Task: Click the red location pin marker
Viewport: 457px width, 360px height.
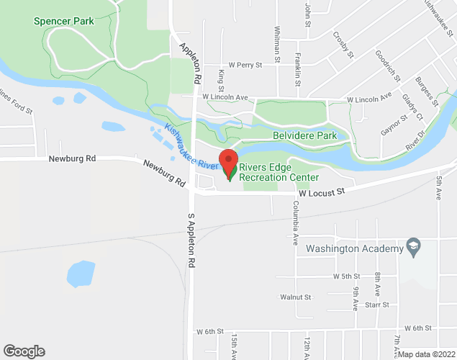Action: pyautogui.click(x=229, y=163)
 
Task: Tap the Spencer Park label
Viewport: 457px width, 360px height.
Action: pyautogui.click(x=63, y=22)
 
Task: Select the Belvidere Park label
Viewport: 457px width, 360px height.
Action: pyautogui.click(x=304, y=135)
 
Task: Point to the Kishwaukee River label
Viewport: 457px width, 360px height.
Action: pyautogui.click(x=191, y=148)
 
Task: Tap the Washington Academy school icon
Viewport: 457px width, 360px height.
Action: pyautogui.click(x=413, y=248)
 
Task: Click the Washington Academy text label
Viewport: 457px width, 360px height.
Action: pyautogui.click(x=354, y=249)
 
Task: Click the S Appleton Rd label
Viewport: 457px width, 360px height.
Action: pyautogui.click(x=191, y=242)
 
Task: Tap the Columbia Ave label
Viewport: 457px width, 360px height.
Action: pyautogui.click(x=295, y=224)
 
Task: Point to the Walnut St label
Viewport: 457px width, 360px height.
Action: pyautogui.click(x=295, y=297)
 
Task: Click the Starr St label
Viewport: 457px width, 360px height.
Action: pyautogui.click(x=376, y=305)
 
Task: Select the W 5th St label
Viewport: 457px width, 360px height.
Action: pyautogui.click(x=346, y=276)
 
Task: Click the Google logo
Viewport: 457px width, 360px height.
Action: pyautogui.click(x=24, y=351)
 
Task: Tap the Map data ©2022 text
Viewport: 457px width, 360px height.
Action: pyautogui.click(x=426, y=354)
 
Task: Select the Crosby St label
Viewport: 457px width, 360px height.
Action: pyautogui.click(x=343, y=44)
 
